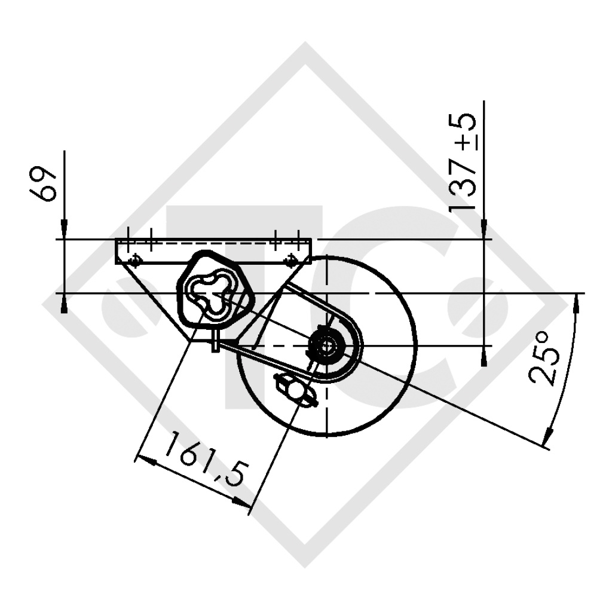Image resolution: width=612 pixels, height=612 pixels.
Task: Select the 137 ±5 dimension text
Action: tap(464, 161)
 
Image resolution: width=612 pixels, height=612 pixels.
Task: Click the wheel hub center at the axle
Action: tap(327, 345)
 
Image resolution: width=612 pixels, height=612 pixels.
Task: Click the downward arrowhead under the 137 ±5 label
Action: tap(484, 231)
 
